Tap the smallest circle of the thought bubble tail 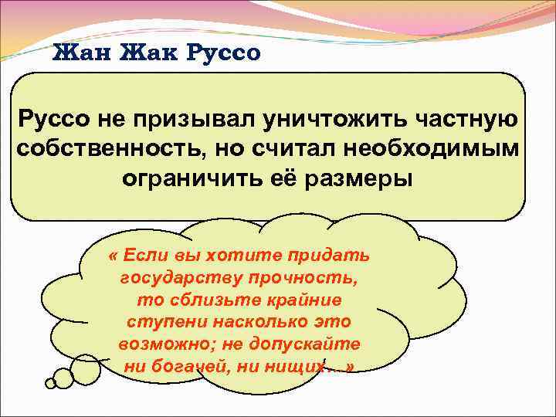click(50, 382)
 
